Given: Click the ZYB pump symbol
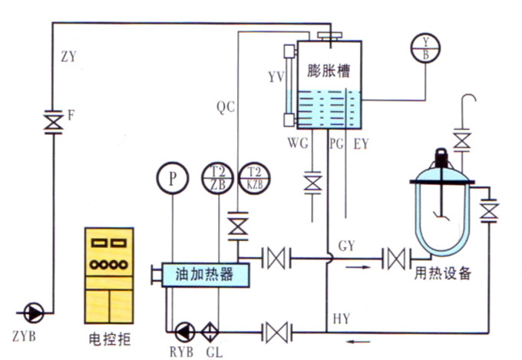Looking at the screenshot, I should point(33,312).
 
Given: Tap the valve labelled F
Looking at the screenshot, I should point(53,121).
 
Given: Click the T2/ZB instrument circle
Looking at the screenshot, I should point(217,178).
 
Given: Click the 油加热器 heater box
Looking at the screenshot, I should point(203,274).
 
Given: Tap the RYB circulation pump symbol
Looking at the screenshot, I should point(185,332).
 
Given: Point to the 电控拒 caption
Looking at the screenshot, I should point(111,340).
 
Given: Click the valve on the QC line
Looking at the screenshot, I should point(238,226).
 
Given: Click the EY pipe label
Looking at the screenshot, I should point(362,143).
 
